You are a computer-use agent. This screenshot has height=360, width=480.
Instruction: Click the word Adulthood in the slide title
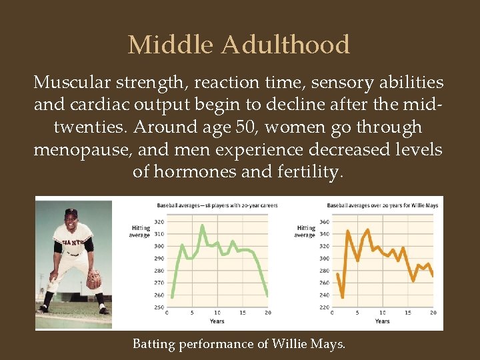point(285,45)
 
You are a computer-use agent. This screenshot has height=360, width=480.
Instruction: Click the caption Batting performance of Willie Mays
point(239,344)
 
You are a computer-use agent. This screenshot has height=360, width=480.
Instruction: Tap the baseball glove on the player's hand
point(94,279)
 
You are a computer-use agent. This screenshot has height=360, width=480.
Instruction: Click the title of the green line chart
point(217,205)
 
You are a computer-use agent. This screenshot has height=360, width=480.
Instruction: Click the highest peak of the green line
point(203,225)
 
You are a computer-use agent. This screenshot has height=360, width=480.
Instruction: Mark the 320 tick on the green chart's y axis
point(159,221)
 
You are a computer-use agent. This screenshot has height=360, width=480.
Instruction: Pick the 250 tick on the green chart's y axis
point(159,307)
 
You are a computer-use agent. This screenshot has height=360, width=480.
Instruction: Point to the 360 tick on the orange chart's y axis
point(324,221)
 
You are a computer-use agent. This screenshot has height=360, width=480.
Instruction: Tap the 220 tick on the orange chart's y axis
point(324,307)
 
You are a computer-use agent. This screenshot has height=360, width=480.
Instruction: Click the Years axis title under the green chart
point(217,321)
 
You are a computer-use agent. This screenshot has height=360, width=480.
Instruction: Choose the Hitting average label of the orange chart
point(305,231)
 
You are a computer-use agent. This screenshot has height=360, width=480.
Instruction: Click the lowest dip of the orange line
point(343,297)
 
